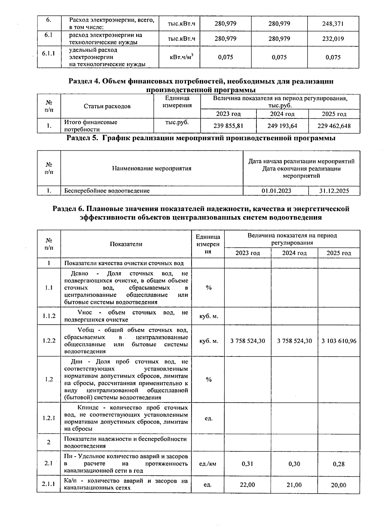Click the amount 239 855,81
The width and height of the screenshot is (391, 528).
pyautogui.click(x=228, y=126)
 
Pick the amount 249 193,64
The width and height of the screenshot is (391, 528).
pyautogui.click(x=282, y=126)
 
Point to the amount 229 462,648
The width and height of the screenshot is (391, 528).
pyautogui.click(x=334, y=126)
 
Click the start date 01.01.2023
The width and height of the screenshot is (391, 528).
pyautogui.click(x=276, y=191)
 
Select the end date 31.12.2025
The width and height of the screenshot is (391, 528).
pyautogui.click(x=334, y=191)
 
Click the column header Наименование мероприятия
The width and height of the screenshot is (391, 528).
pyautogui.click(x=152, y=169)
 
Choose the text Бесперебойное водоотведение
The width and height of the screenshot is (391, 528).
pyautogui.click(x=107, y=191)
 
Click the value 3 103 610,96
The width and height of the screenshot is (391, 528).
pyautogui.click(x=339, y=341)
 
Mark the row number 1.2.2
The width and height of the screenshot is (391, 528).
pyautogui.click(x=49, y=341)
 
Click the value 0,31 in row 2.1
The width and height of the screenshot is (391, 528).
pyautogui.click(x=247, y=464)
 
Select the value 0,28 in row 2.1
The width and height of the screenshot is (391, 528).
pyautogui.click(x=339, y=464)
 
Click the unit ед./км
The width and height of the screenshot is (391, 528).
pyautogui.click(x=208, y=464)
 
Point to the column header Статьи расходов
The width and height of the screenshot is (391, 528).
pyautogui.click(x=107, y=106)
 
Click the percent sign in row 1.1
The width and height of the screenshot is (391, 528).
pyautogui.click(x=209, y=288)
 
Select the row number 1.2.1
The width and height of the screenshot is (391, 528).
pyautogui.click(x=49, y=418)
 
